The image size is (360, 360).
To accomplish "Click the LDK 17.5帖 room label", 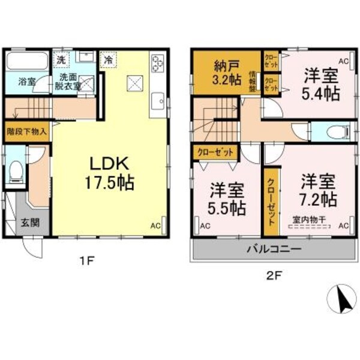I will coord(112,173).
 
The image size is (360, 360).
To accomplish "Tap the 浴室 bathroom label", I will coord(26,81).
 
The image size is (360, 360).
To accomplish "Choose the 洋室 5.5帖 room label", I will coord(227,199).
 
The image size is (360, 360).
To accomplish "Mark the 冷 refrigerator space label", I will coord(108,60).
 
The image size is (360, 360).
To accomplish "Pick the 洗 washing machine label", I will coord(61,60).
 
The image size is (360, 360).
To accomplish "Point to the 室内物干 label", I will coord(308,220).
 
